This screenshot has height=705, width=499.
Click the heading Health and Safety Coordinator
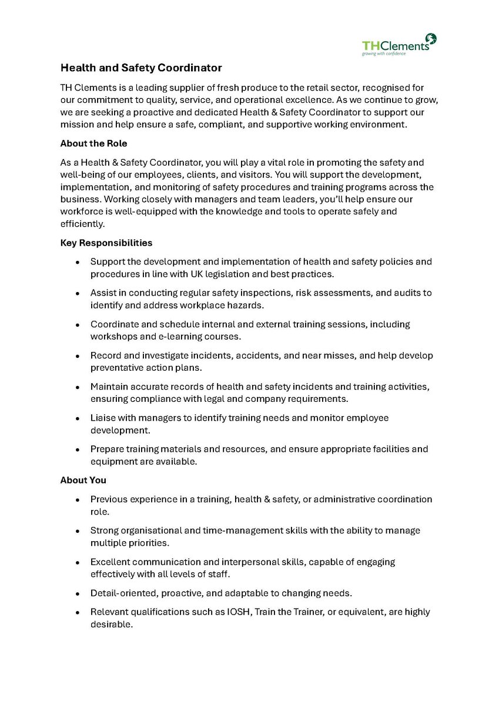(x=141, y=68)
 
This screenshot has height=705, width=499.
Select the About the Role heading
(x=93, y=143)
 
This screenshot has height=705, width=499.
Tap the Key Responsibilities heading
(x=106, y=243)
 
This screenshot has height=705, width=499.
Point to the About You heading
(x=83, y=480)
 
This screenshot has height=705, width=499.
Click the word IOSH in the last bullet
(x=239, y=612)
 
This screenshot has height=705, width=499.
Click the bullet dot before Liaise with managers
(x=78, y=419)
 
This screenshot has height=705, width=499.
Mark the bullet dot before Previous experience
(x=78, y=500)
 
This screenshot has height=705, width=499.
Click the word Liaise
(x=102, y=418)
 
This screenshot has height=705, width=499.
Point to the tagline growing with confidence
(x=384, y=53)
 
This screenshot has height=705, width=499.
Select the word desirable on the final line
(x=111, y=625)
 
